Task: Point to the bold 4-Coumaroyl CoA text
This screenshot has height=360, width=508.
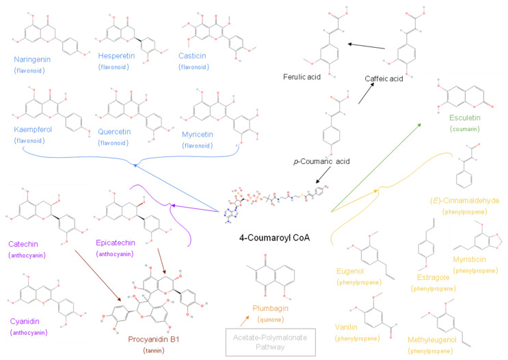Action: click(274, 238)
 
